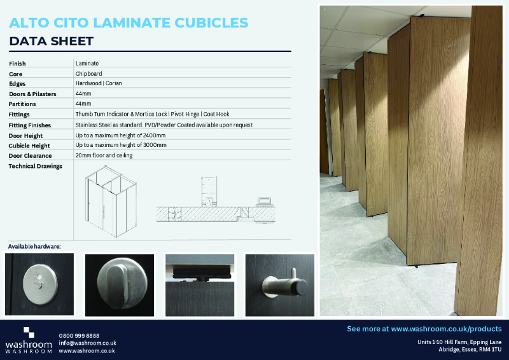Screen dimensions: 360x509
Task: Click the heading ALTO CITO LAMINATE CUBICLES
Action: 129,23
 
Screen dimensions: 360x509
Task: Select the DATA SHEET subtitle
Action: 52,41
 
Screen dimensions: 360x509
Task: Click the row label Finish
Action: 18,64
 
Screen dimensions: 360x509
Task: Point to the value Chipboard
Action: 88,74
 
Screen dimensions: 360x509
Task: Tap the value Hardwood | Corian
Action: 99,83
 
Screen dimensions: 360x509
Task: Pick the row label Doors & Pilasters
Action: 32,93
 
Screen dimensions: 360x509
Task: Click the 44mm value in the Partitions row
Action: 83,104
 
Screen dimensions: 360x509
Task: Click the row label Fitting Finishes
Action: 30,125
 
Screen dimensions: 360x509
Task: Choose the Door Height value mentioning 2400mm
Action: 120,135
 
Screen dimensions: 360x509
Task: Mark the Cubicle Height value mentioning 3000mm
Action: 121,145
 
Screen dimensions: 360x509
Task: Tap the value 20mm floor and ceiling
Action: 104,155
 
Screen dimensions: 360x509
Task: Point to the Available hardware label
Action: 34,246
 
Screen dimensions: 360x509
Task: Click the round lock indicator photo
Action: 39,284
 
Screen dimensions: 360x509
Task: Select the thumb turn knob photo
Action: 120,284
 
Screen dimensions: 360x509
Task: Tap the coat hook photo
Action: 280,284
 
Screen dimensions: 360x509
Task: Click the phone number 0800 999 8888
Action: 79,335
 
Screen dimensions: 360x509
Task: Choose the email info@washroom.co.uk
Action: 87,343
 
